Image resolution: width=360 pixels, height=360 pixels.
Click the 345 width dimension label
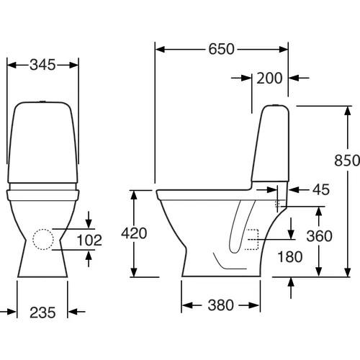[x=43, y=65]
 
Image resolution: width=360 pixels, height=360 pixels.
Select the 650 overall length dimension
[x=222, y=50]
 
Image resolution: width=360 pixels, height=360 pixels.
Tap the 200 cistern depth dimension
[x=270, y=78]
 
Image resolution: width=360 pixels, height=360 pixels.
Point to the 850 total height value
[x=346, y=162]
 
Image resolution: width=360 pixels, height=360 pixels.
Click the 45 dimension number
[x=321, y=189]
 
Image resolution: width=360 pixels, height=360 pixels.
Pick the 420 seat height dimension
[x=133, y=233]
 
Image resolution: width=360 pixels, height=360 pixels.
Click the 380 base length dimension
[x=220, y=305]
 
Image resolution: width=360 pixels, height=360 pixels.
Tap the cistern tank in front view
[x=43, y=144]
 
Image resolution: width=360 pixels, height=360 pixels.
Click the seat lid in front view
[x=43, y=194]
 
